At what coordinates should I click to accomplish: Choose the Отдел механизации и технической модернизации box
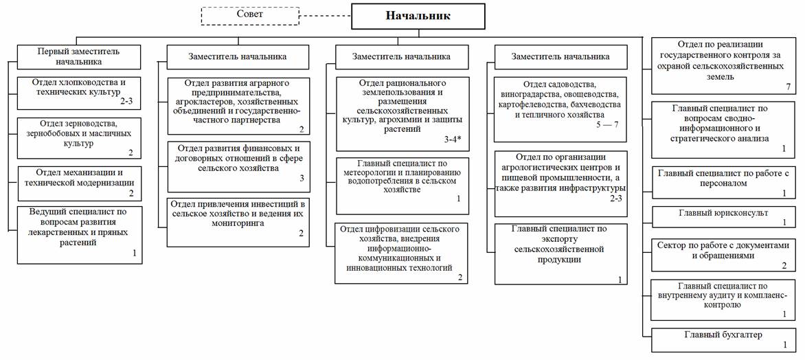tap(79, 183)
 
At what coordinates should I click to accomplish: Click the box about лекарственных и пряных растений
tap(79, 234)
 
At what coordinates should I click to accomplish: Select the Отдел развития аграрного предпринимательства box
tap(238, 106)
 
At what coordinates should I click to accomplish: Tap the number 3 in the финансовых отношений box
tap(301, 178)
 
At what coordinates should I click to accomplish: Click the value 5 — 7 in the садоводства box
tap(606, 125)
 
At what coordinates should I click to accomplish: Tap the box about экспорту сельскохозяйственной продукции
tap(560, 253)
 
